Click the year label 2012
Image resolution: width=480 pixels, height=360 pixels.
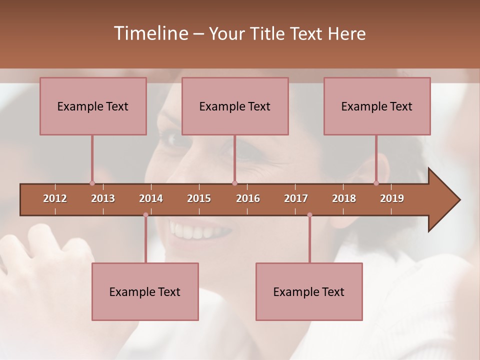point(55,198)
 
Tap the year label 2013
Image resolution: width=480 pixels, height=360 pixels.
point(103,198)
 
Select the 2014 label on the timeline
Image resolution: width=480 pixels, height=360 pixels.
point(151,198)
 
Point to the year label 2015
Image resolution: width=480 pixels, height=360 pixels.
point(199,198)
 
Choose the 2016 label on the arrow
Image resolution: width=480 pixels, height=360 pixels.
point(248,198)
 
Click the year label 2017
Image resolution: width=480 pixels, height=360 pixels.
point(296,198)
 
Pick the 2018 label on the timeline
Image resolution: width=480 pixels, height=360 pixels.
point(344,198)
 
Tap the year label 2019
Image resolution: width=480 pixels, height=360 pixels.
point(392,198)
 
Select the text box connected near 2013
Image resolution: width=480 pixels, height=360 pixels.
point(93,106)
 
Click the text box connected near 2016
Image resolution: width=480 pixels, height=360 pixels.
point(235,106)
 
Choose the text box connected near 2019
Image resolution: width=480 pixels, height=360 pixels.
point(377,106)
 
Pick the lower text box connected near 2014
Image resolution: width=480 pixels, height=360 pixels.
point(145,291)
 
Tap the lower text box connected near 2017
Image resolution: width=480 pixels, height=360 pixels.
point(309,291)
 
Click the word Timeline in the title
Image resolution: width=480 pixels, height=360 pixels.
point(150,33)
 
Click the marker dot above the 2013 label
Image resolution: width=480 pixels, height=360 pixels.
point(92,183)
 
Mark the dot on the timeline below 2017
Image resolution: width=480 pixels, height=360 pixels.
point(309,215)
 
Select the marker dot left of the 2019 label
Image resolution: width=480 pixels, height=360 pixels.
point(376,183)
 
